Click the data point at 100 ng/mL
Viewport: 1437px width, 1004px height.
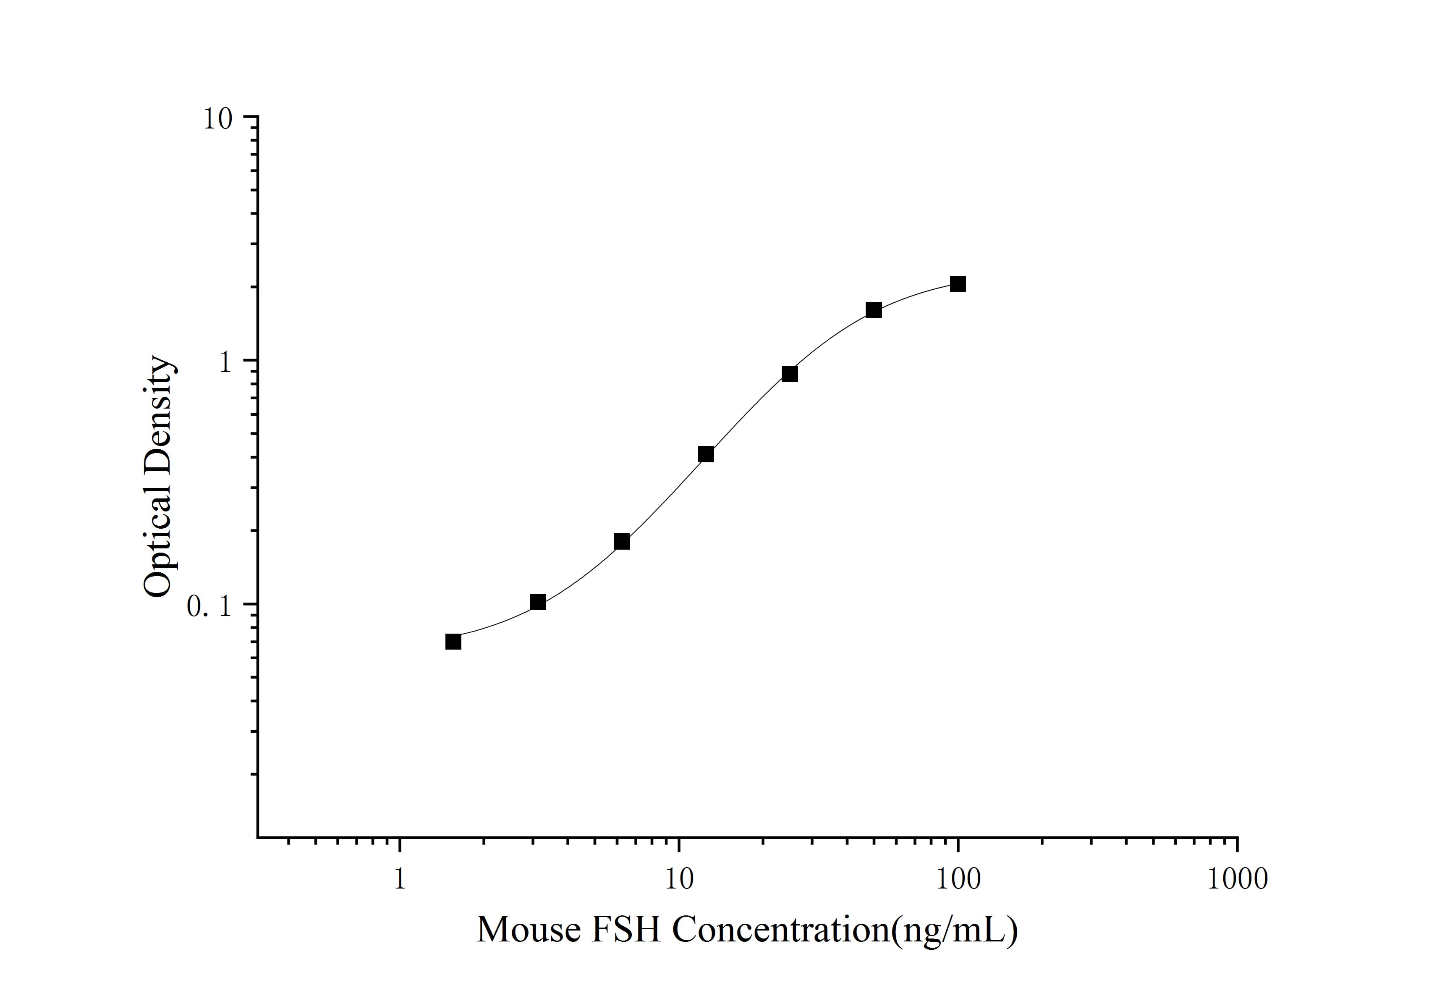pyautogui.click(x=958, y=284)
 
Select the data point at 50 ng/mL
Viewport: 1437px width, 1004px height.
pyautogui.click(x=874, y=310)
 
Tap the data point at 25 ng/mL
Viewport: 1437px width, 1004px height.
pyautogui.click(x=790, y=374)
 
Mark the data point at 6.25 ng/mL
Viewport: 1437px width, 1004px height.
pyautogui.click(x=621, y=541)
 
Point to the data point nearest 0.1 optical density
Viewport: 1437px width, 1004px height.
pyautogui.click(x=538, y=602)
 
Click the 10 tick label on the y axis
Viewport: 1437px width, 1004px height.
pyautogui.click(x=217, y=118)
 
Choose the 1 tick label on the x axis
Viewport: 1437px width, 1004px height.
pyautogui.click(x=399, y=879)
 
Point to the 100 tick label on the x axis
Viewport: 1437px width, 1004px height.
pyautogui.click(x=958, y=879)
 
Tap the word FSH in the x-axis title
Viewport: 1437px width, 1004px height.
pyautogui.click(x=626, y=930)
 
